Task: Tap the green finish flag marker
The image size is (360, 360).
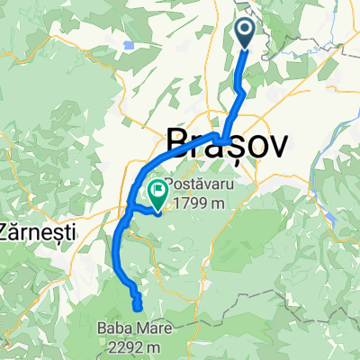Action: pos(158,192)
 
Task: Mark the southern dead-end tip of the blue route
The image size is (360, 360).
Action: pos(138,307)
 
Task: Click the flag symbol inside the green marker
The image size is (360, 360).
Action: pos(159,190)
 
